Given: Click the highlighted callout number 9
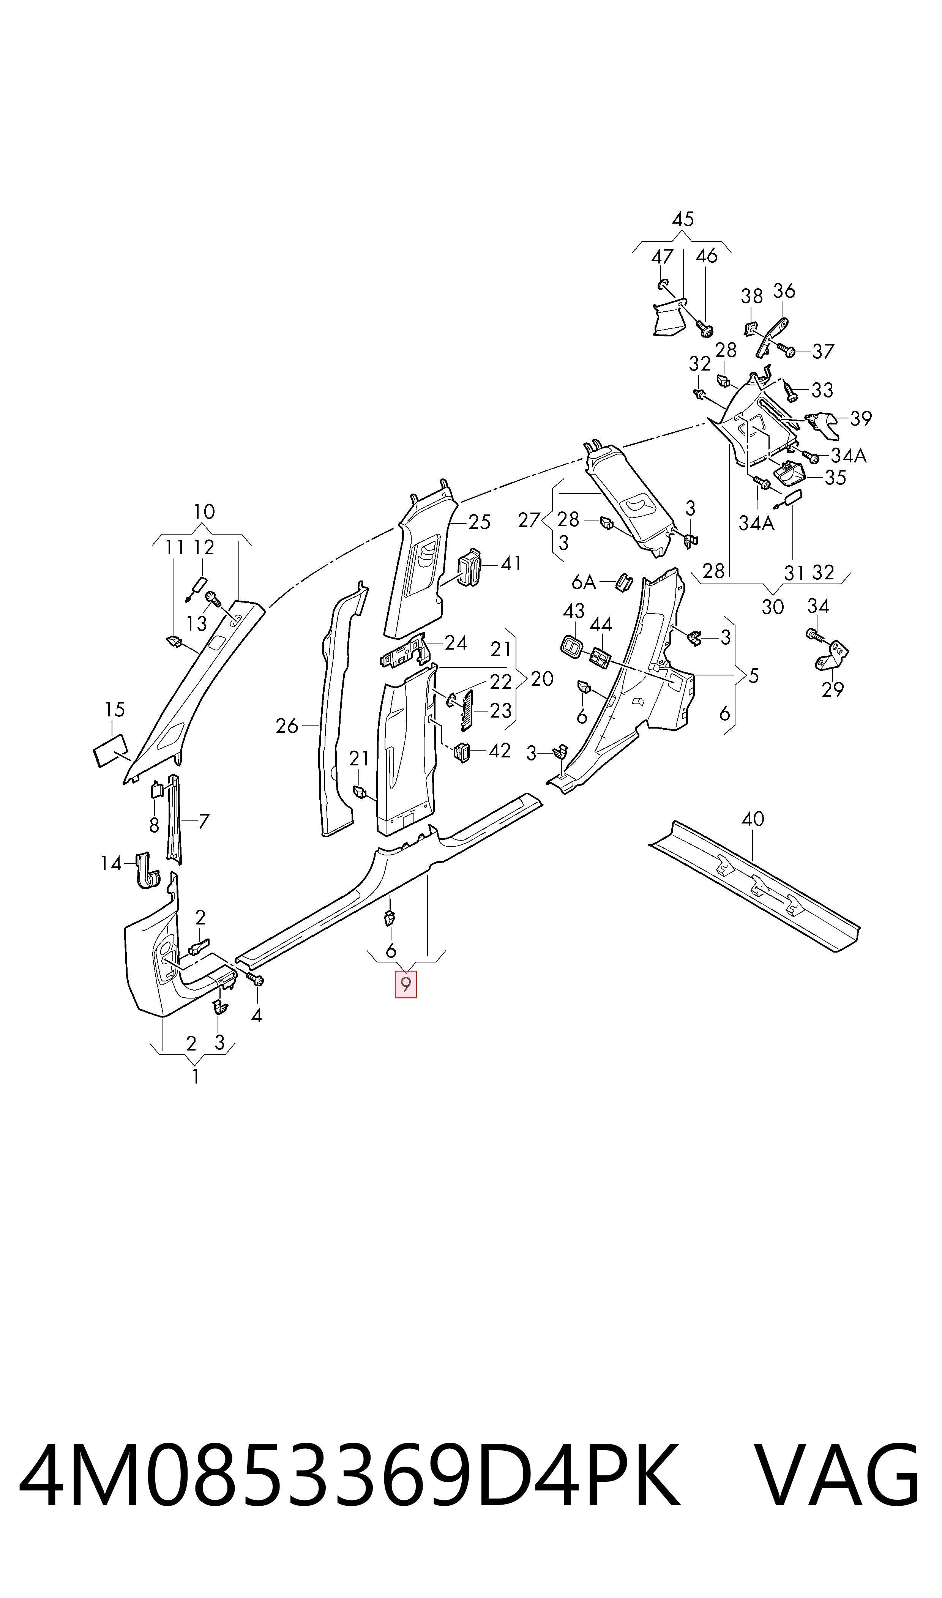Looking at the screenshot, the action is pyautogui.click(x=406, y=984).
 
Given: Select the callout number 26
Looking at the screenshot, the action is pyautogui.click(x=287, y=726).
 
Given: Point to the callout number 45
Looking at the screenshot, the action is pyautogui.click(x=683, y=219).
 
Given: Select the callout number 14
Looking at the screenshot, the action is pyautogui.click(x=111, y=863).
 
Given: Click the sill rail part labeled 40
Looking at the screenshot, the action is pyautogui.click(x=754, y=885).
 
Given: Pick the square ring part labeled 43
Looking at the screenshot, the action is pyautogui.click(x=570, y=646).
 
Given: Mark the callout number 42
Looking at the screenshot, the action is pyautogui.click(x=500, y=751).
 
